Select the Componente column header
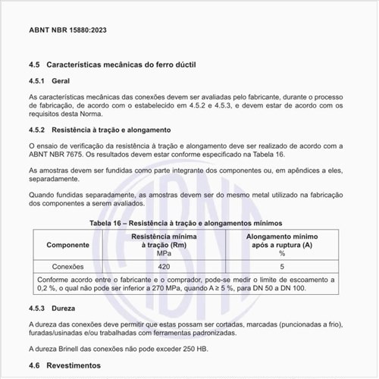[x=67, y=245]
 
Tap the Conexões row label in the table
[x=67, y=267]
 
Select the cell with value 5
[x=281, y=267]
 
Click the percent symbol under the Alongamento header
[x=281, y=253]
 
